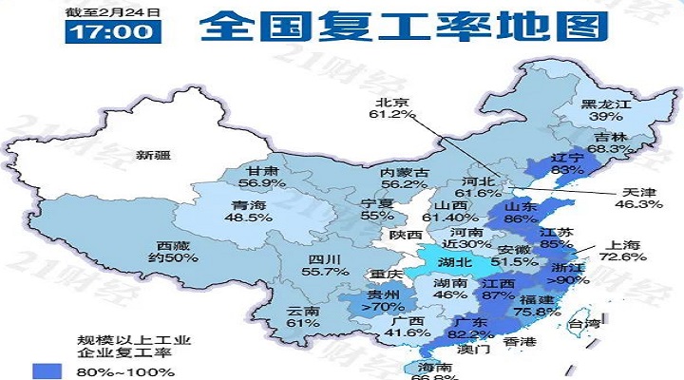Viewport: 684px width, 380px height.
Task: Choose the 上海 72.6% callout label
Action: (x=619, y=249)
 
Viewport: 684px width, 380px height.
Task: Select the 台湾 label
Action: (x=583, y=326)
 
